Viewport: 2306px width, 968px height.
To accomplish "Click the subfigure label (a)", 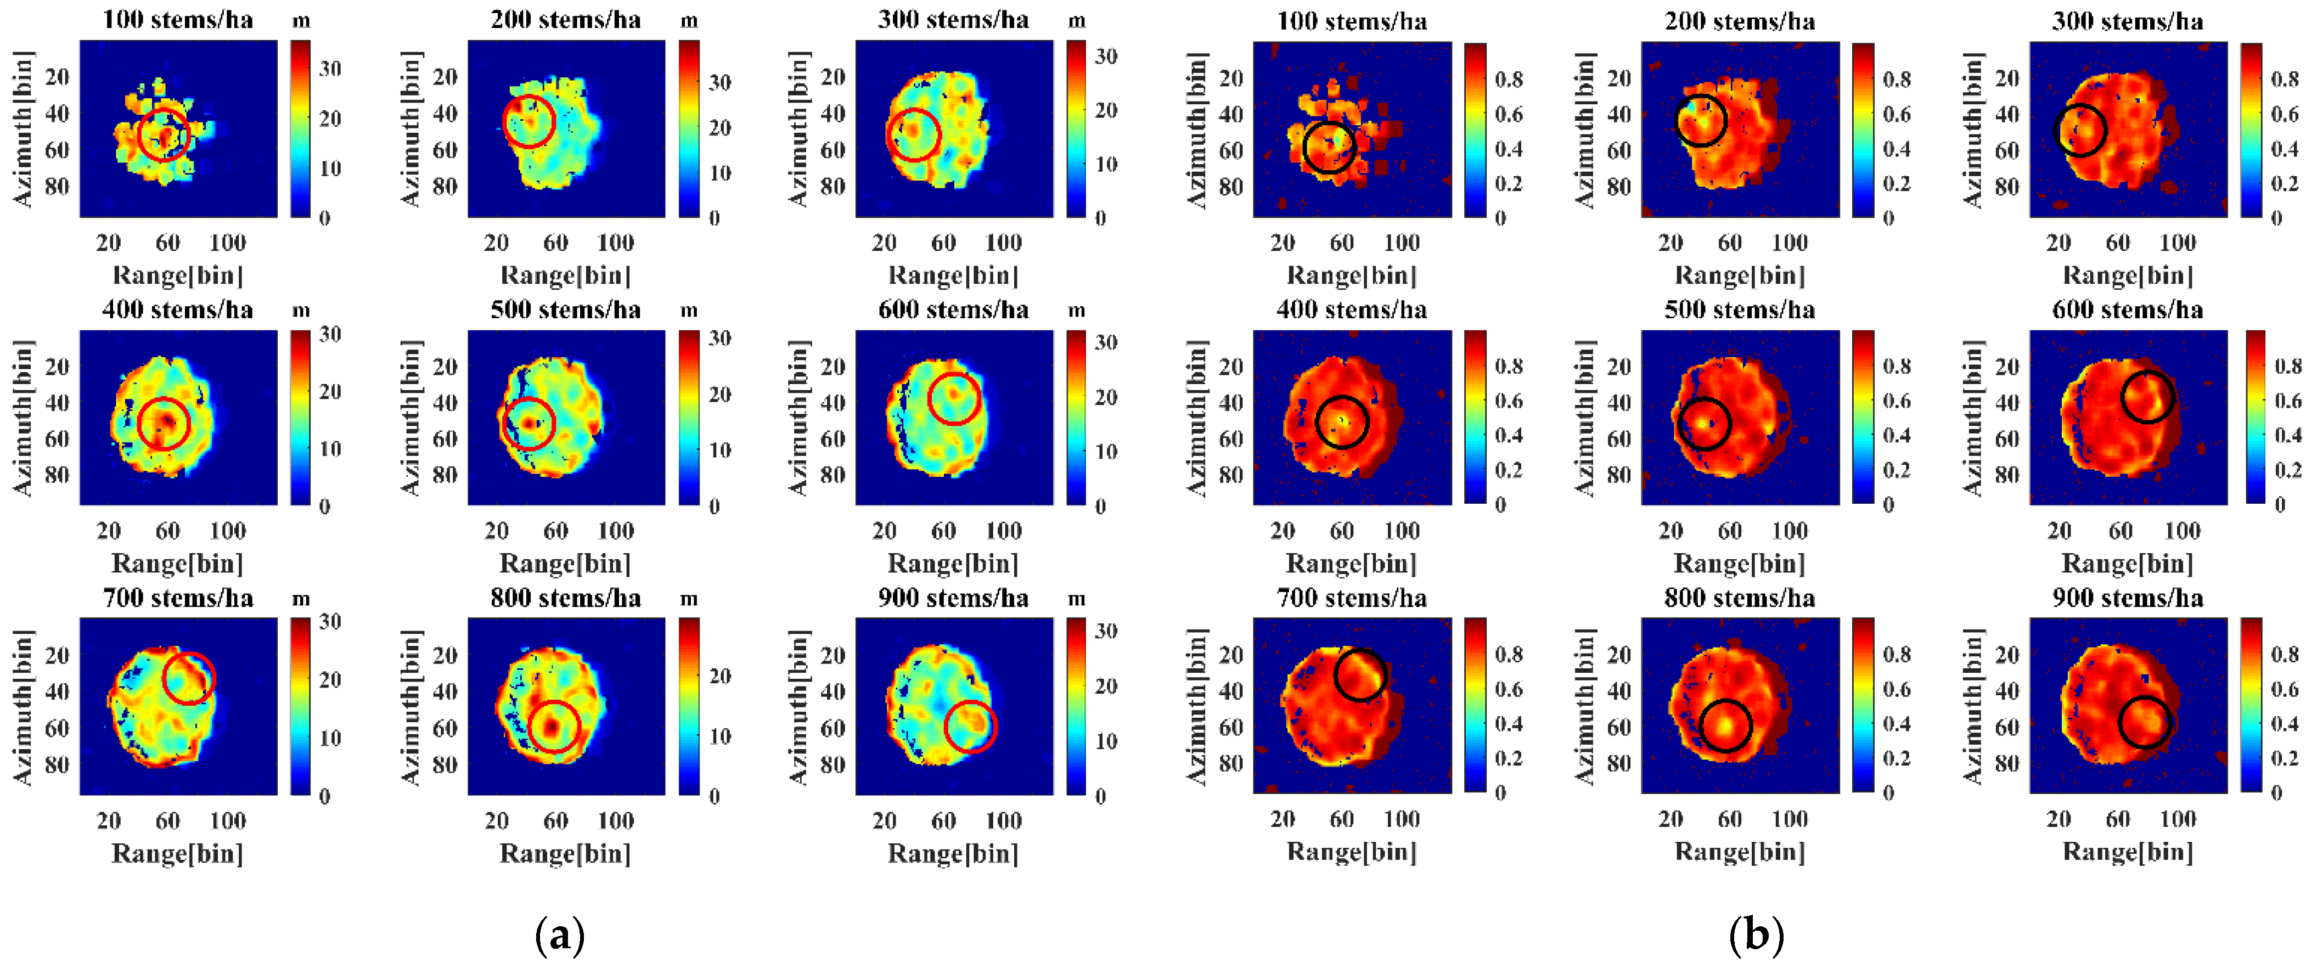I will click(560, 936).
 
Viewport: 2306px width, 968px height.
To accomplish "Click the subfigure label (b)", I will click(1756, 936).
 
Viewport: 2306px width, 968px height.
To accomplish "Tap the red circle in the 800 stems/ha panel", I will click(555, 726).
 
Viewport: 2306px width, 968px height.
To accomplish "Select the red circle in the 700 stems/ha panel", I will click(189, 678).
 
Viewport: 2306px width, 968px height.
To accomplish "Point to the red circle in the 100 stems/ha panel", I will click(164, 134).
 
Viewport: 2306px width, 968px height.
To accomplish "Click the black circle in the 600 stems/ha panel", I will click(2147, 397).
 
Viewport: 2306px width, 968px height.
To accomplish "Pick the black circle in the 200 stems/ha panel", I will click(1699, 121).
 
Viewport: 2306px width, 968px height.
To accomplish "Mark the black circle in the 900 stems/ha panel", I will click(2145, 721).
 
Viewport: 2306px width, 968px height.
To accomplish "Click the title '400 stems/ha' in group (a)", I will click(177, 310).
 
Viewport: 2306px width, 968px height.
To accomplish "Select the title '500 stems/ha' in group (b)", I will click(1739, 310).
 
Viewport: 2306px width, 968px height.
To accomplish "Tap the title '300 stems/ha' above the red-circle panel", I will click(953, 20).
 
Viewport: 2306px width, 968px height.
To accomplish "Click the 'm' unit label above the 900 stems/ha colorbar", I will click(1076, 598).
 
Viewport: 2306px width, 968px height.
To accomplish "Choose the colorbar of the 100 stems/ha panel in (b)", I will click(1475, 130).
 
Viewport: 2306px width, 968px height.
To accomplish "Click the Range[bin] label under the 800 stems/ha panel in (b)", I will click(1739, 852).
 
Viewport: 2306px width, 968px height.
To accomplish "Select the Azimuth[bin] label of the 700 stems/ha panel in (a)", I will click(23, 707).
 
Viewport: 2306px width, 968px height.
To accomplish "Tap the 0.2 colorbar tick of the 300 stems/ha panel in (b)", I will click(2283, 184).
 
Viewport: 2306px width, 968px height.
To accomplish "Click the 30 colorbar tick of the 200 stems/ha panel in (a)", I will click(719, 82).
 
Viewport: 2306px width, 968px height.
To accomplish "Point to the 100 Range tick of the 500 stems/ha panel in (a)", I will click(615, 531).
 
